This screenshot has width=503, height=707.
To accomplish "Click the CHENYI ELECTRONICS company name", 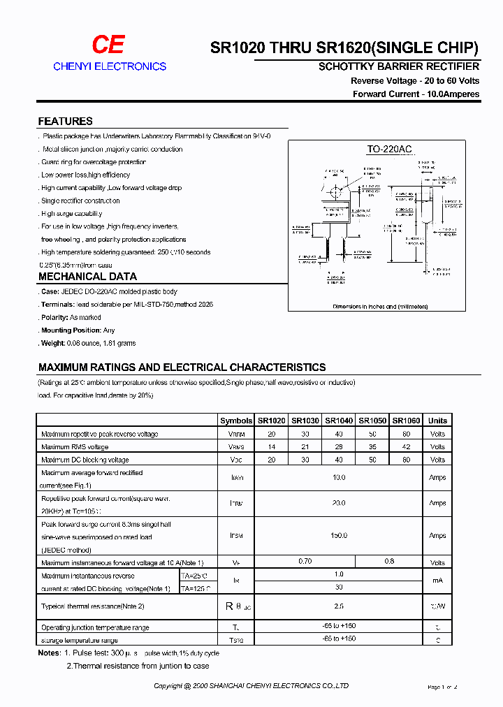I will click(x=110, y=66).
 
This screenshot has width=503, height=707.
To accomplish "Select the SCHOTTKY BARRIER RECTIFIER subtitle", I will click(x=399, y=67).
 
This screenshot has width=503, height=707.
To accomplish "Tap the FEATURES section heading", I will click(x=65, y=121).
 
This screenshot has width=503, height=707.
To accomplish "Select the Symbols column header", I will click(x=236, y=421).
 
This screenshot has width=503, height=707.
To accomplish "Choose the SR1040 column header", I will click(x=339, y=421).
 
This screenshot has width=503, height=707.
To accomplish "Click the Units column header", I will click(x=437, y=421).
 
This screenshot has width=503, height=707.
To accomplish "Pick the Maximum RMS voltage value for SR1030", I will click(x=305, y=447).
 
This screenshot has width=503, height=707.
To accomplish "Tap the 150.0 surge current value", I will click(x=339, y=536).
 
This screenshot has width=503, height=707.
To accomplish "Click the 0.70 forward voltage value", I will click(x=305, y=562).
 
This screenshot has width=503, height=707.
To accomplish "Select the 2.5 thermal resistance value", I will click(x=339, y=606).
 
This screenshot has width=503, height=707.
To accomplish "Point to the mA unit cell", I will click(x=437, y=581).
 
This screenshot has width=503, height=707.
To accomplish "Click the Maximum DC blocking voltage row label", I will click(x=85, y=460).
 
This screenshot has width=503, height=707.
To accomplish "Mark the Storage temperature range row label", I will click(x=79, y=640).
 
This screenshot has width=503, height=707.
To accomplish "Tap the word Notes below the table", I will click(x=50, y=653).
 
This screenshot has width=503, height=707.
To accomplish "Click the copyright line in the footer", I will click(x=251, y=686).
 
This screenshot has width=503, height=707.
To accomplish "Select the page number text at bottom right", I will click(x=442, y=687).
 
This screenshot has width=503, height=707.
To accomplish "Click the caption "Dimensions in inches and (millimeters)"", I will click(x=380, y=307).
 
